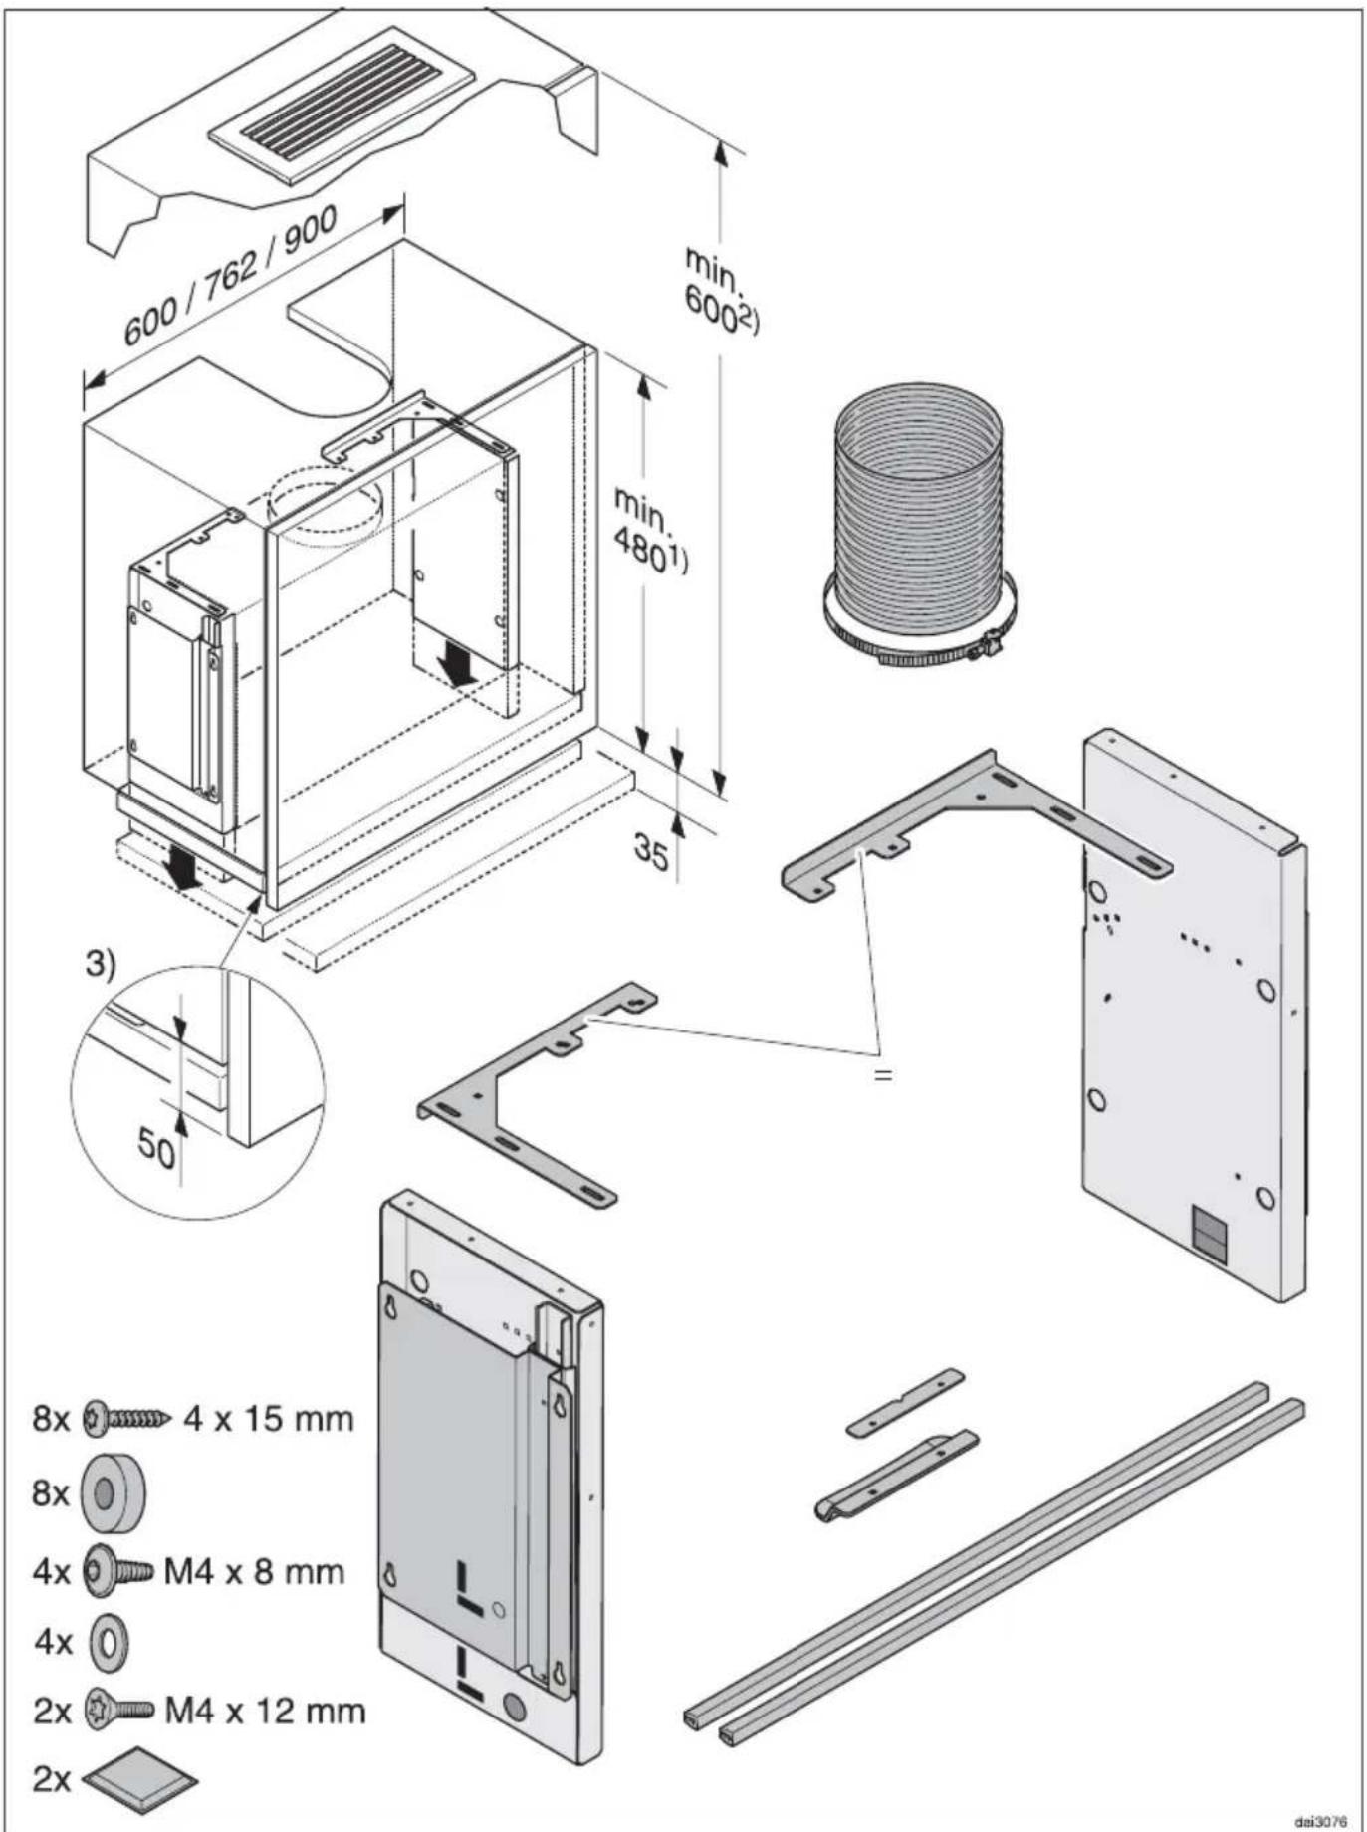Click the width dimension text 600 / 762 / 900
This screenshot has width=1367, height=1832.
[x=231, y=275]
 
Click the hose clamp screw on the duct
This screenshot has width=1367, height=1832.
[x=990, y=647]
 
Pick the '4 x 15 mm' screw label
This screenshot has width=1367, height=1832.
[x=268, y=1418]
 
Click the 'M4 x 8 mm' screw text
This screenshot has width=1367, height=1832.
[x=254, y=1572]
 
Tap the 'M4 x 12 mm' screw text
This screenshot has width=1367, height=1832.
[x=264, y=1711]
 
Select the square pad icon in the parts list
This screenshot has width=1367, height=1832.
[x=139, y=1779]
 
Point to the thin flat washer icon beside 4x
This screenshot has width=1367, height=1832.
[x=109, y=1642]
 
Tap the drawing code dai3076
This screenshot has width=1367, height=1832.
[x=1320, y=1821]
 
